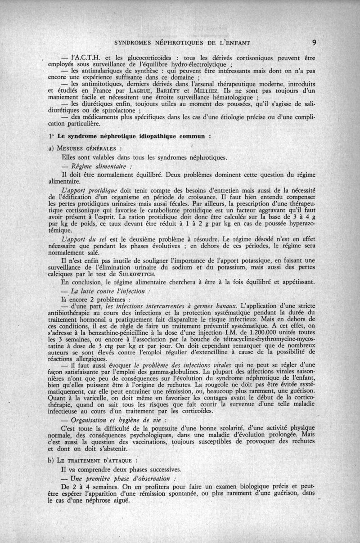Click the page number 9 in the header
[314, 43]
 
